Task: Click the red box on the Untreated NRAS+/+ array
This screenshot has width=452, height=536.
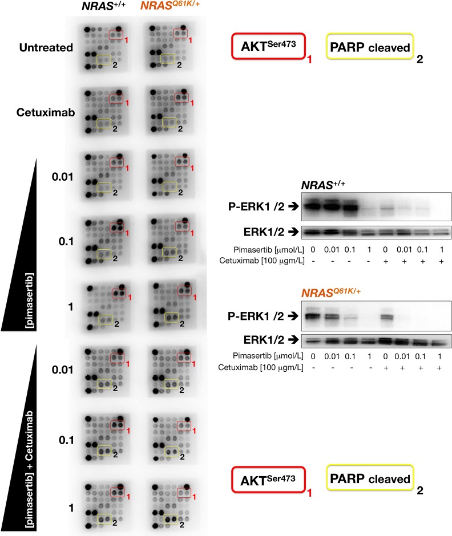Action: tap(116, 35)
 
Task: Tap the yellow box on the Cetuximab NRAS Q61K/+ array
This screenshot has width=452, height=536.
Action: tap(169, 123)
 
